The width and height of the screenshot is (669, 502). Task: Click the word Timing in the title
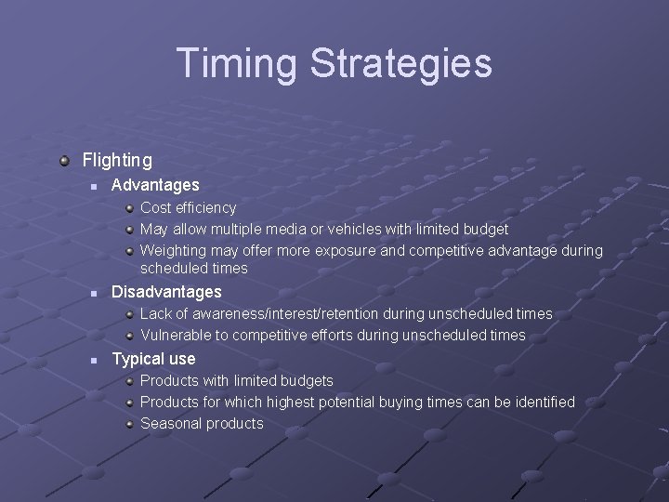click(x=236, y=63)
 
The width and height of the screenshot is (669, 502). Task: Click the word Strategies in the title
click(x=397, y=63)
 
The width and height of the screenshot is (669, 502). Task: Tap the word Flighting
click(x=117, y=160)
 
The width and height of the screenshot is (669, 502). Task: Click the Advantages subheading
click(x=155, y=186)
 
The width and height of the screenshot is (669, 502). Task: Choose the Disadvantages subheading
click(x=166, y=292)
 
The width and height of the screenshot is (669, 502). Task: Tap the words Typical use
click(x=153, y=359)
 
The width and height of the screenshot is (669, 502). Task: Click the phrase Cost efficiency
click(x=188, y=207)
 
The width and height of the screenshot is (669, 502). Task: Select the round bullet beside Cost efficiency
click(x=130, y=207)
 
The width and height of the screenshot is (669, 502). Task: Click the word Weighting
click(x=173, y=250)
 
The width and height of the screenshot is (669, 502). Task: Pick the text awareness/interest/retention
click(x=269, y=313)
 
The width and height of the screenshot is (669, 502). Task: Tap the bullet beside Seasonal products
click(x=130, y=423)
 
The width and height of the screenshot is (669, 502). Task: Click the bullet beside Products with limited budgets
click(x=130, y=380)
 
